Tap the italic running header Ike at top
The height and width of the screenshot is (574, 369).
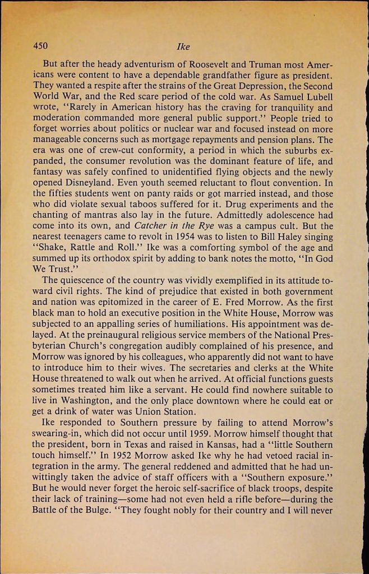click(x=183, y=48)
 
